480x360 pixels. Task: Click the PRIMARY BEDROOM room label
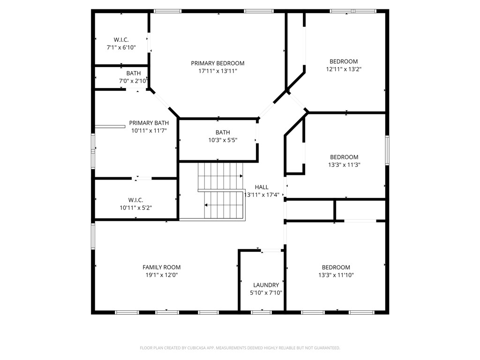coord(217,63)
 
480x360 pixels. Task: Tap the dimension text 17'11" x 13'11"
coord(217,71)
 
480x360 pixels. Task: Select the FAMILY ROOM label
coord(161,267)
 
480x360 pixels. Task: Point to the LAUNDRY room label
coord(266,285)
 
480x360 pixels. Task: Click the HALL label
coord(262,187)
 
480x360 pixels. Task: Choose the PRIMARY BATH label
coord(149,123)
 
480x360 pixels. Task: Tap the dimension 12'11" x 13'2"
coord(344,69)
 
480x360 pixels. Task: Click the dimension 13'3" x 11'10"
coord(336,275)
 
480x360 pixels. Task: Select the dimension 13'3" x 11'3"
coord(344,165)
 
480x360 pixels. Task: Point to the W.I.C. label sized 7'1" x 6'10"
coord(121,40)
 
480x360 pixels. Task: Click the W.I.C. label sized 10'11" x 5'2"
coord(135,200)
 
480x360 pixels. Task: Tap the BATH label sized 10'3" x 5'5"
coord(223,132)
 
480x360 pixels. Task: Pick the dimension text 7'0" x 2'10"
coord(133,81)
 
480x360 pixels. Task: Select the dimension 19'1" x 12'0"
coord(161,275)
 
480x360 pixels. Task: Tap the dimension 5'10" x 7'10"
coord(266,293)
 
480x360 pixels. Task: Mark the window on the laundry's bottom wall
coord(261,312)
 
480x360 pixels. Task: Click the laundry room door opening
coord(271,251)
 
